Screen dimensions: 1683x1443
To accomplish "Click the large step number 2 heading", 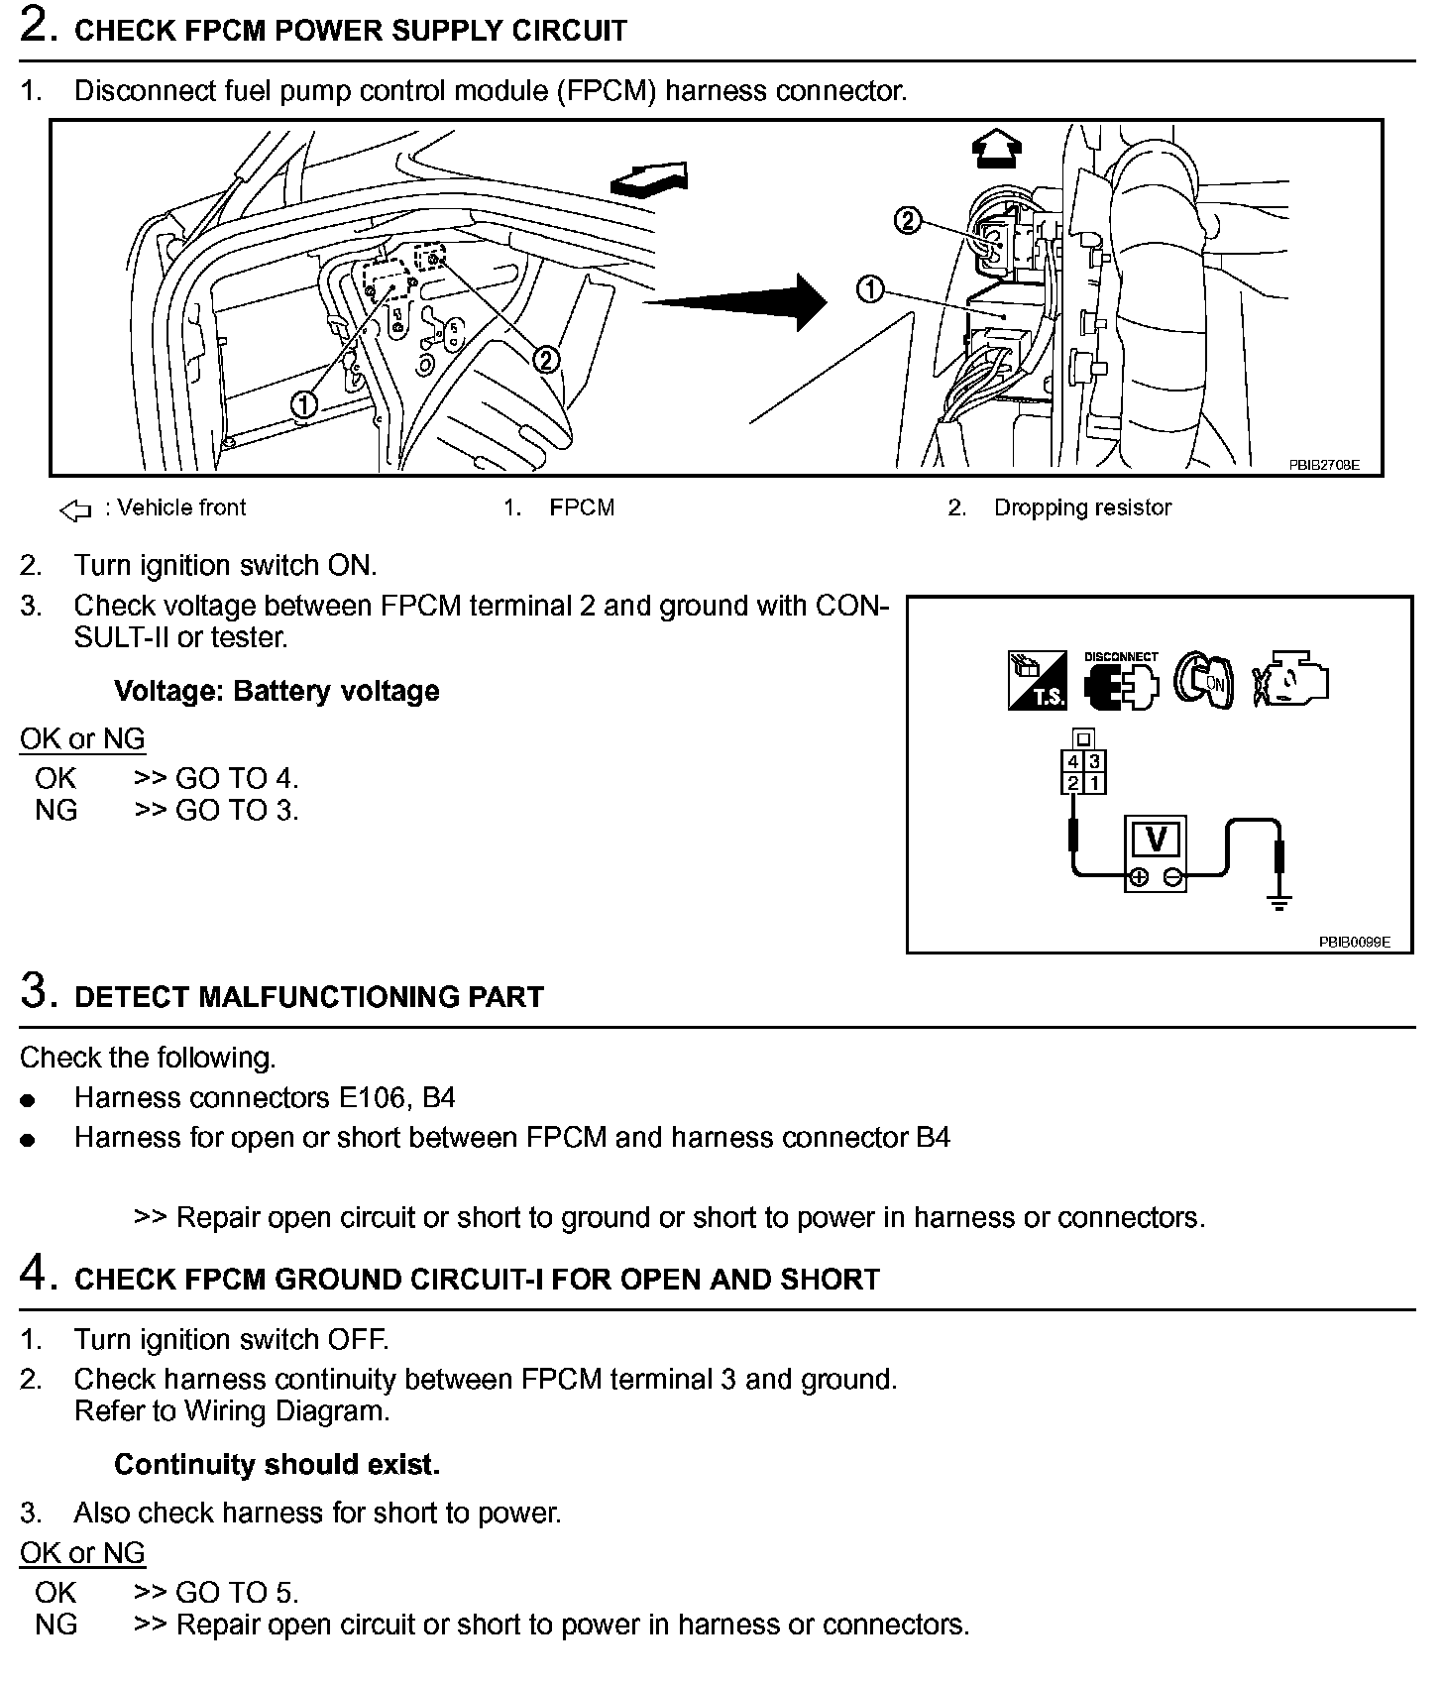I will tap(36, 26).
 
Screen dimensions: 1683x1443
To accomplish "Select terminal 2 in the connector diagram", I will tap(1072, 784).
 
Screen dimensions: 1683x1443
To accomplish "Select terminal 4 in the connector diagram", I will tap(1072, 762).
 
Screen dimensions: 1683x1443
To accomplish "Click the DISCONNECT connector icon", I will tap(1121, 682).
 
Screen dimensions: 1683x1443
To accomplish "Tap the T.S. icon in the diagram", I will tap(1037, 681).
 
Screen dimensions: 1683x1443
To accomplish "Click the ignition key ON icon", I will tap(1203, 681).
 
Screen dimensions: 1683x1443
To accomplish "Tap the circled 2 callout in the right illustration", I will tap(907, 220).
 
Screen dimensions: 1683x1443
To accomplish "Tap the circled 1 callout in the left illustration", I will tap(304, 402).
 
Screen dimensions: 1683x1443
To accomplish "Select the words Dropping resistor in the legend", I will tap(1082, 507).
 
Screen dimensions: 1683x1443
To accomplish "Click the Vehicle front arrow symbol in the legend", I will tap(75, 510).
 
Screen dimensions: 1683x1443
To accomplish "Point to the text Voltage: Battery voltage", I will tap(277, 691).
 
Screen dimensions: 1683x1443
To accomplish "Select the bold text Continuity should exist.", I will tap(277, 1464).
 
